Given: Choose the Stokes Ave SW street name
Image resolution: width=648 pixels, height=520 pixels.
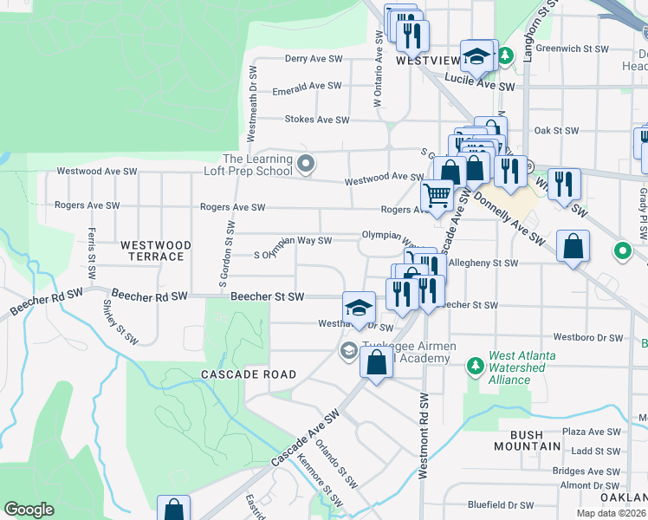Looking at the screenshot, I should point(317,120).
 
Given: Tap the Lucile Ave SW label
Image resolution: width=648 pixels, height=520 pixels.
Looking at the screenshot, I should point(479,87).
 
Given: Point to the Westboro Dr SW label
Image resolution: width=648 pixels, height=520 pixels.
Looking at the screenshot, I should point(588,337).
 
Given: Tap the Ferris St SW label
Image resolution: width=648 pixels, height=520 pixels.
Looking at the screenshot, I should point(91,254).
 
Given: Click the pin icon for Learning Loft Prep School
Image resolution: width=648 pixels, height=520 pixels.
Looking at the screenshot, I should point(304,163).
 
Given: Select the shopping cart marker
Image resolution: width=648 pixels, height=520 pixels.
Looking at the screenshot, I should point(437,196).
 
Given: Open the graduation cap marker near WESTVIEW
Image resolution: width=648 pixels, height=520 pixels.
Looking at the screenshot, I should point(476,56).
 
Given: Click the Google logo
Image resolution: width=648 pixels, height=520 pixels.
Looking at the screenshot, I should point(29,510).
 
